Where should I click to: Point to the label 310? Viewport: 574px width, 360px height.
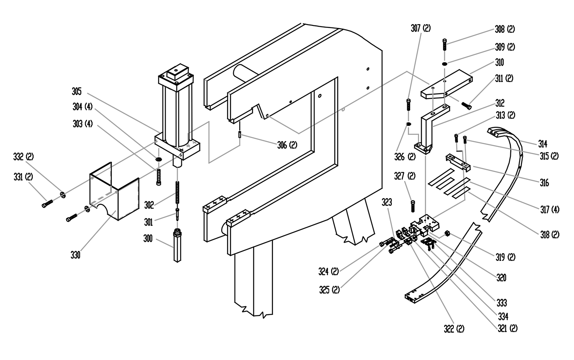pos(500,62)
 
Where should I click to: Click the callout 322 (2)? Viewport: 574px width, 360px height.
pos(454,328)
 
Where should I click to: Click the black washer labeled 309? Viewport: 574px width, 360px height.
pos(445,64)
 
